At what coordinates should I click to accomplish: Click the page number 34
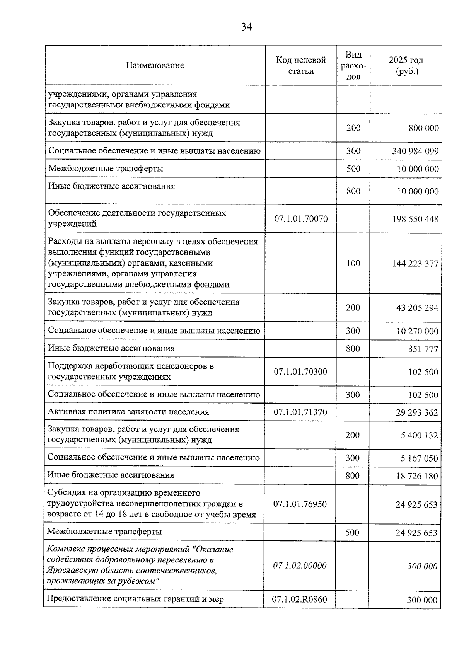coord(246,27)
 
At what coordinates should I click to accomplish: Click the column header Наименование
coord(155,65)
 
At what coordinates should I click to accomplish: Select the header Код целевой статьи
coord(300,65)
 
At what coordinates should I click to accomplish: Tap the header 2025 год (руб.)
coord(406,65)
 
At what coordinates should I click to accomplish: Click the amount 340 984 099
coord(415,151)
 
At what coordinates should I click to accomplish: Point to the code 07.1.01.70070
coord(301,219)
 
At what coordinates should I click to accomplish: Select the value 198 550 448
coord(415,219)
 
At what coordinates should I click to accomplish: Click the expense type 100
coord(353,263)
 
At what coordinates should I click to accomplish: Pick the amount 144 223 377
coord(415,264)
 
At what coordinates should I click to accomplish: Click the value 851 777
coord(423,349)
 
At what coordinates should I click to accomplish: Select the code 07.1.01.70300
coord(300,372)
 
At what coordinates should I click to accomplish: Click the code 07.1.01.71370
coord(300,412)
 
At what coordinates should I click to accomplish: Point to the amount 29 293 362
coord(416,412)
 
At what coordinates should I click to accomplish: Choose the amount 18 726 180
coord(416,476)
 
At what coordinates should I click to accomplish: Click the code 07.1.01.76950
coord(300,504)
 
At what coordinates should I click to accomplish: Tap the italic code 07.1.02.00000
coord(300,566)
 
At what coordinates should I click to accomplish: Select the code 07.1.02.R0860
coord(299,600)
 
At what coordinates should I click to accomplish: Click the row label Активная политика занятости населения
coord(128,412)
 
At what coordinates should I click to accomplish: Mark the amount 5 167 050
coord(419,458)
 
